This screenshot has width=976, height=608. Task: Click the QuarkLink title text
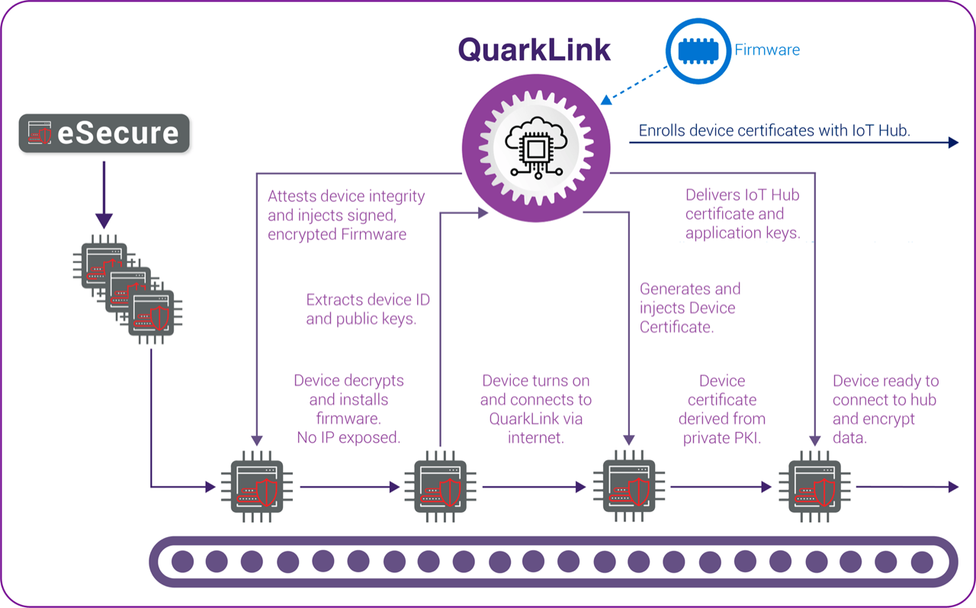535,50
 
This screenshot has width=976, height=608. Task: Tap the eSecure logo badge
104,133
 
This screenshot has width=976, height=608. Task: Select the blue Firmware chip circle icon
698,50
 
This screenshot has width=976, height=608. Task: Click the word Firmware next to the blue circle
766,50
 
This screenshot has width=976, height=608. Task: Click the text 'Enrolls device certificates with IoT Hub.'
775,130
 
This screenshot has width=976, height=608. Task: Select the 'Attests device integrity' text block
345,215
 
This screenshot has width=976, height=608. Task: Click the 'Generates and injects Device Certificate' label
689,308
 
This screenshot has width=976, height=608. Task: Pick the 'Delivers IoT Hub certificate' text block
743,214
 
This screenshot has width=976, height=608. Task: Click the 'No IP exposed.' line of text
348,437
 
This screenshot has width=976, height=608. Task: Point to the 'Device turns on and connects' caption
535,409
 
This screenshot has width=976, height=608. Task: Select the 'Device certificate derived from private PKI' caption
721,409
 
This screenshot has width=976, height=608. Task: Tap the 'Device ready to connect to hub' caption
885,409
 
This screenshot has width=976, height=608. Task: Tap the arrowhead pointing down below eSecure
104,221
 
